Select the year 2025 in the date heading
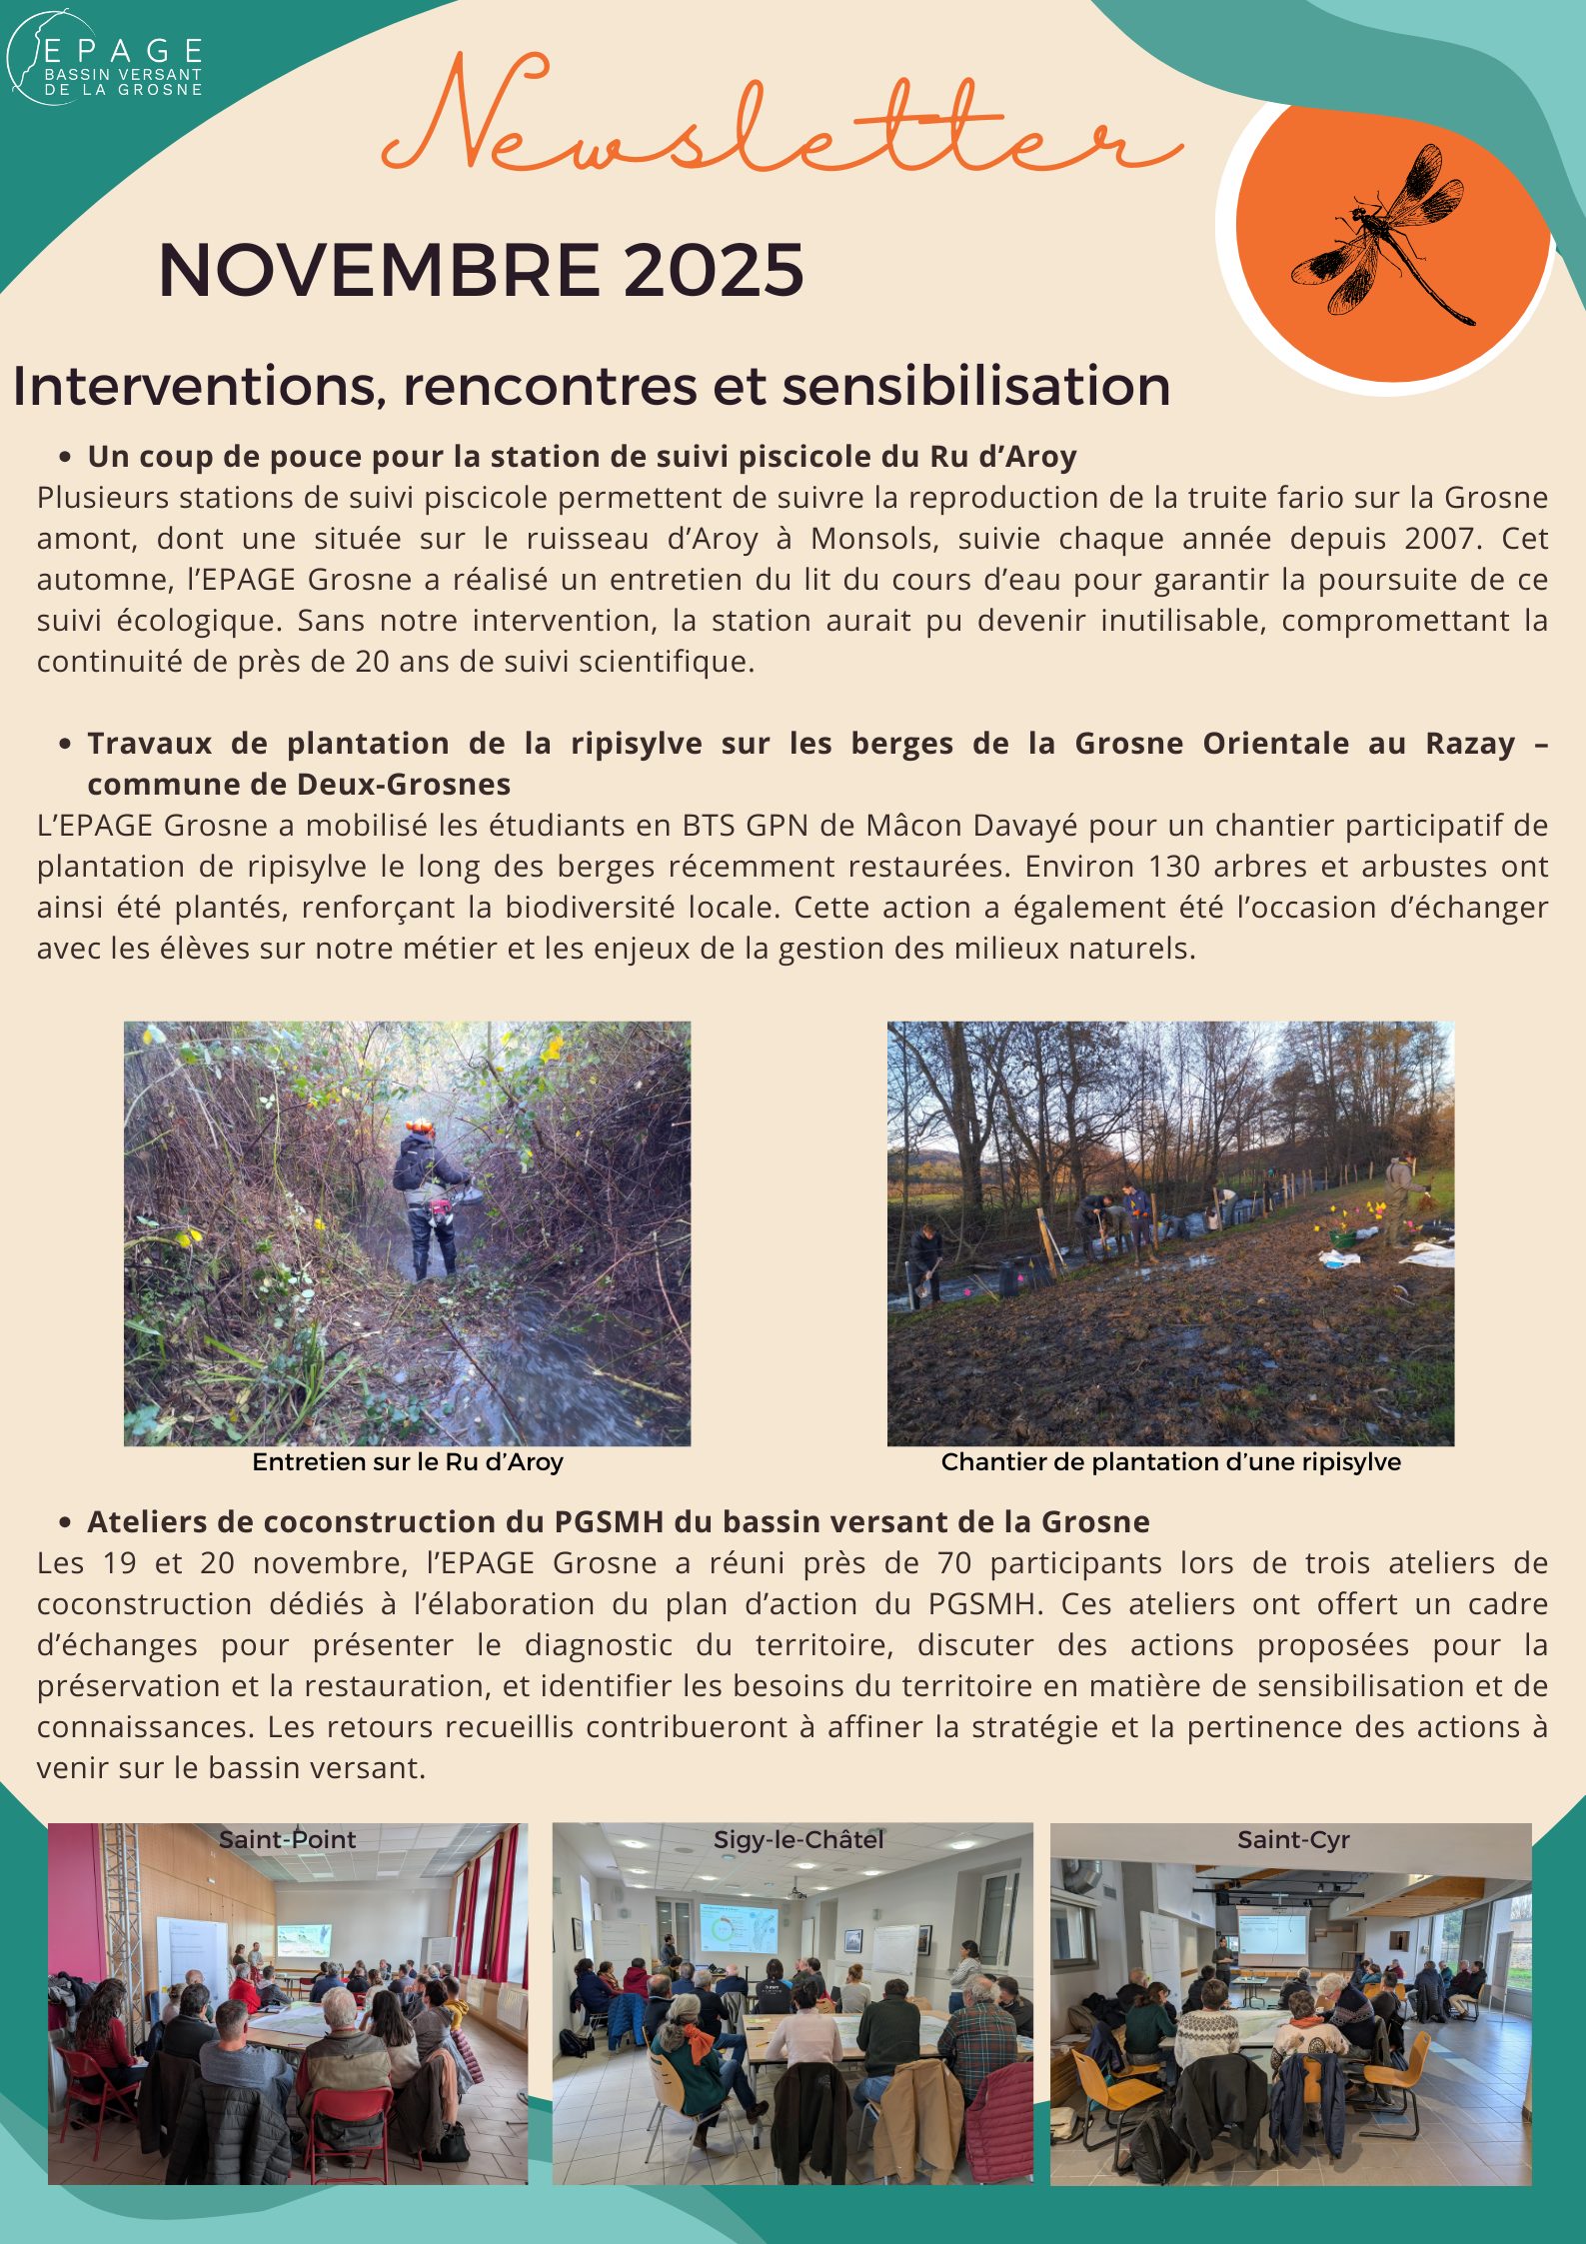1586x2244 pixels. [715, 270]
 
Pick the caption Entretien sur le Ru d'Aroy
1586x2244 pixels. [408, 1462]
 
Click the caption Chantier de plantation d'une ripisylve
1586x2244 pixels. [1170, 1462]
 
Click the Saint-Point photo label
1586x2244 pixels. [287, 1840]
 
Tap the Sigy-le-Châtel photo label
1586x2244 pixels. [798, 1840]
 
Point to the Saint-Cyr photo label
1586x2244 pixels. [1293, 1840]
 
